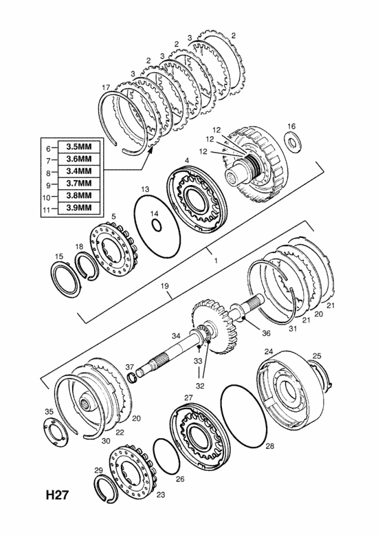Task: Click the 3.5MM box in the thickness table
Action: click(x=79, y=146)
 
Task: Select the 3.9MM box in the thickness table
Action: click(x=79, y=208)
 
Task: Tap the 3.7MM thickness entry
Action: click(x=79, y=183)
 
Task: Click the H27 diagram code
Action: click(x=57, y=495)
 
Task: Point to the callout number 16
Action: click(x=291, y=127)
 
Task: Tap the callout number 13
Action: click(x=145, y=188)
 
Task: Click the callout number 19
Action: click(x=165, y=285)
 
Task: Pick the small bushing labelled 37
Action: click(x=131, y=378)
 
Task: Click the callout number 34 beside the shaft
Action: click(x=176, y=336)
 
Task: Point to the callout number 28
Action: click(x=269, y=446)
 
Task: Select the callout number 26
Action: click(x=180, y=479)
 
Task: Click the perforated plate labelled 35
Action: click(x=55, y=431)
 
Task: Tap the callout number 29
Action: click(x=98, y=470)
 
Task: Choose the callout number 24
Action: click(x=269, y=351)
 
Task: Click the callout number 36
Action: click(x=266, y=333)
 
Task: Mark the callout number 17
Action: click(x=106, y=88)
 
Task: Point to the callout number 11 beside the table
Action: click(x=47, y=210)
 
